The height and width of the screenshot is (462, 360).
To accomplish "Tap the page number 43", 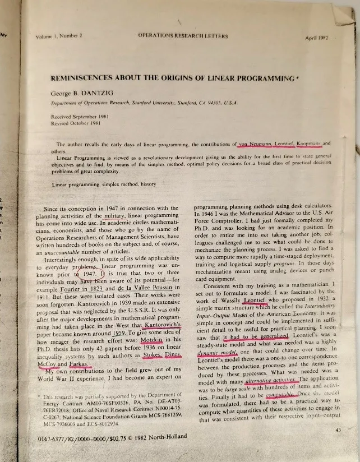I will pyautogui.click(x=336, y=430).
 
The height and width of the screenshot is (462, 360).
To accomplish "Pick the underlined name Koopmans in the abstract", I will pyautogui.click(x=308, y=143).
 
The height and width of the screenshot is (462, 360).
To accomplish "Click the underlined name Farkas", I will pyautogui.click(x=81, y=364).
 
